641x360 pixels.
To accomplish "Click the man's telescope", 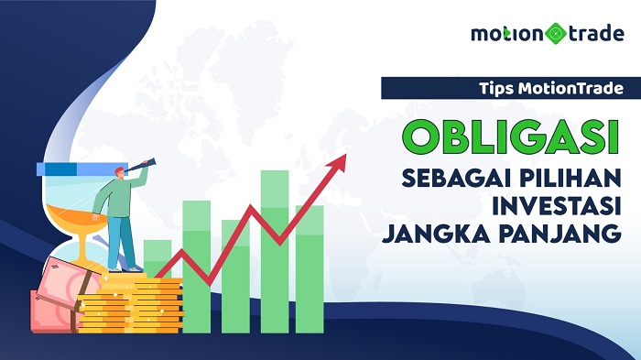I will (147, 166).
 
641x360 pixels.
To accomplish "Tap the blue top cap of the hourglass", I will (73, 168).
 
